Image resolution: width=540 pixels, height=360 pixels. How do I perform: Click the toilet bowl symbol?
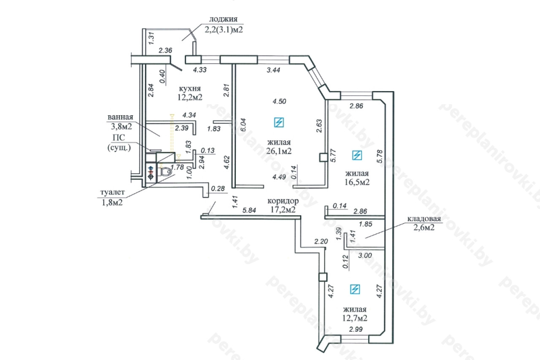click(x=166, y=172)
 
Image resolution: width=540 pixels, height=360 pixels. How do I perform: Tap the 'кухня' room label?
click(x=190, y=89)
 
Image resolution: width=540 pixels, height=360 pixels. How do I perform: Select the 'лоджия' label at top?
click(x=223, y=19)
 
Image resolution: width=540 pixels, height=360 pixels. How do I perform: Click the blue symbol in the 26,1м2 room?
click(x=279, y=122)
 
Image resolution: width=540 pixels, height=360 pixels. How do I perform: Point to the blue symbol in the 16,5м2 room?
click(x=357, y=155)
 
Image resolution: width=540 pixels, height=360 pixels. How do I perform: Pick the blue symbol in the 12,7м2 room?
click(x=355, y=290)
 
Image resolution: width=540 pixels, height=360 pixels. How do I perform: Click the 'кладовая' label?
click(x=424, y=219)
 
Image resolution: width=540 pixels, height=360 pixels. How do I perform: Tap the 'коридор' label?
click(x=283, y=200)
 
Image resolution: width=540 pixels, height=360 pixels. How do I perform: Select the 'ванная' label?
click(x=120, y=117)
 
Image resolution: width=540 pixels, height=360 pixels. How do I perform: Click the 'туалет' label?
click(x=113, y=192)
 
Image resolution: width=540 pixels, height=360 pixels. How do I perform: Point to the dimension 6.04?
click(x=243, y=125)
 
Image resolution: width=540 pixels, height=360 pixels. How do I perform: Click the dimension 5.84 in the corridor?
click(x=249, y=210)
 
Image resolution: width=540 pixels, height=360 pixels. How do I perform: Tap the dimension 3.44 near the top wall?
click(x=273, y=70)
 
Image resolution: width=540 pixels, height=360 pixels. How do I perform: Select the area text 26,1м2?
click(x=279, y=151)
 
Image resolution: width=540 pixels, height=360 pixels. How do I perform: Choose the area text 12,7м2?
click(x=355, y=318)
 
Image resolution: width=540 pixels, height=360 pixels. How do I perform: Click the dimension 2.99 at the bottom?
click(x=356, y=329)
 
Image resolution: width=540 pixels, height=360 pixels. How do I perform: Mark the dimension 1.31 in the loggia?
click(x=151, y=38)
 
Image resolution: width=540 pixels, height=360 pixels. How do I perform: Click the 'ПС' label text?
click(x=119, y=138)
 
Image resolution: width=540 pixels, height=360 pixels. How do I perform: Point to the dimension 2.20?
click(x=321, y=241)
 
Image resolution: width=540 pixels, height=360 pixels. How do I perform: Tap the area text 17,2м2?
click(x=283, y=209)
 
